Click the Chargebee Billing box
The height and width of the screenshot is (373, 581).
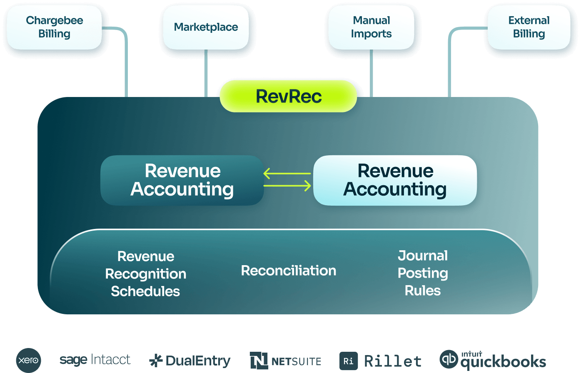[x=54, y=27]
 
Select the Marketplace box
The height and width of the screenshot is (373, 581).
[x=206, y=27]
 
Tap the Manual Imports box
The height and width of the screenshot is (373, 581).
[x=371, y=27]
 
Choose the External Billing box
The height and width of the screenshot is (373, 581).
[x=529, y=27]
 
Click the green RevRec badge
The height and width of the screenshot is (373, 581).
[x=288, y=97]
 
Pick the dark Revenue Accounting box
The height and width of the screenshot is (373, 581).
[x=182, y=180]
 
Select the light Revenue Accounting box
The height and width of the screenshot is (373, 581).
[x=395, y=180]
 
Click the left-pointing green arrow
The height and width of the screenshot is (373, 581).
[x=287, y=173]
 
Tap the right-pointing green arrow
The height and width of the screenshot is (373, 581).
[x=287, y=186]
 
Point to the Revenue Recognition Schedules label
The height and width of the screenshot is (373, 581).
[x=145, y=274]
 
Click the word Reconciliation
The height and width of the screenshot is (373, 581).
[x=288, y=271]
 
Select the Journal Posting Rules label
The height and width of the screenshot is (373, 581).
[x=423, y=273]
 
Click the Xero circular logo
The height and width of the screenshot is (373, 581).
[x=28, y=360]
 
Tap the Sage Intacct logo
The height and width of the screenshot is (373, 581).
[x=95, y=360]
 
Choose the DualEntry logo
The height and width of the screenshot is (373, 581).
[x=190, y=361]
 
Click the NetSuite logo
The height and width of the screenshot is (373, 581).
[x=286, y=361]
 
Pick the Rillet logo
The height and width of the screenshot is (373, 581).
[x=380, y=361]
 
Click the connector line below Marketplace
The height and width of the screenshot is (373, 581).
[x=206, y=73]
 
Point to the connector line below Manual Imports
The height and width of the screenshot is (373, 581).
[x=371, y=73]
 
